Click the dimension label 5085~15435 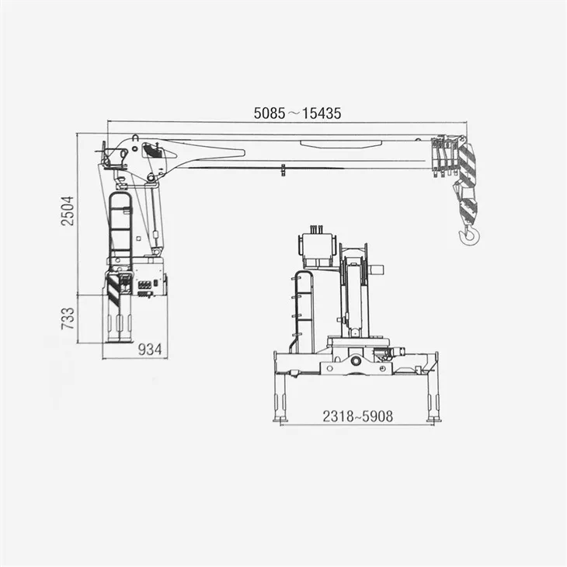tap(297, 113)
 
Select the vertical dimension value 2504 tap(68, 211)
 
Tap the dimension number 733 tap(68, 318)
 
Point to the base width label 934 tap(150, 350)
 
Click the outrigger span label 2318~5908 tap(357, 416)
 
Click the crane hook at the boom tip tap(470, 235)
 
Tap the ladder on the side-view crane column tap(120, 228)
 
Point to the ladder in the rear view tap(302, 311)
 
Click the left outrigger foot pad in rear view tap(280, 419)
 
